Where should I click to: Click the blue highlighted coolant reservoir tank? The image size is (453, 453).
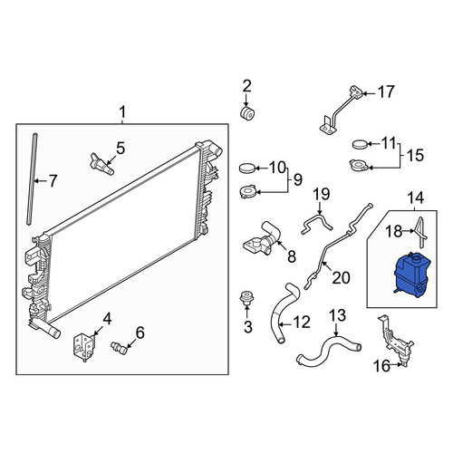tap(412, 275)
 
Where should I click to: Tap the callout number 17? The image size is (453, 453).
tap(386, 92)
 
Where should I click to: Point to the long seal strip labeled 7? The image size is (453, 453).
tap(33, 178)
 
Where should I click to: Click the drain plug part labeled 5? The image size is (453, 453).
tap(101, 164)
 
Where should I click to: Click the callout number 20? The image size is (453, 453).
tap(341, 277)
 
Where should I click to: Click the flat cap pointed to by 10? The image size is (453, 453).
tap(247, 168)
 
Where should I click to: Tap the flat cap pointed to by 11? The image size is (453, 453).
tap(361, 144)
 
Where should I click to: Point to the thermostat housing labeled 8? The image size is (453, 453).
tap(262, 242)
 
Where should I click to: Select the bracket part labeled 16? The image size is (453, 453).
tap(395, 342)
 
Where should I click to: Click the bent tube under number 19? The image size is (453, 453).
tap(317, 224)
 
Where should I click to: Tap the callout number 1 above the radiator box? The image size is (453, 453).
tap(122, 112)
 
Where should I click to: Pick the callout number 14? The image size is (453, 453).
tap(416, 198)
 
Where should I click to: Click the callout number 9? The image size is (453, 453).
tap(297, 180)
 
